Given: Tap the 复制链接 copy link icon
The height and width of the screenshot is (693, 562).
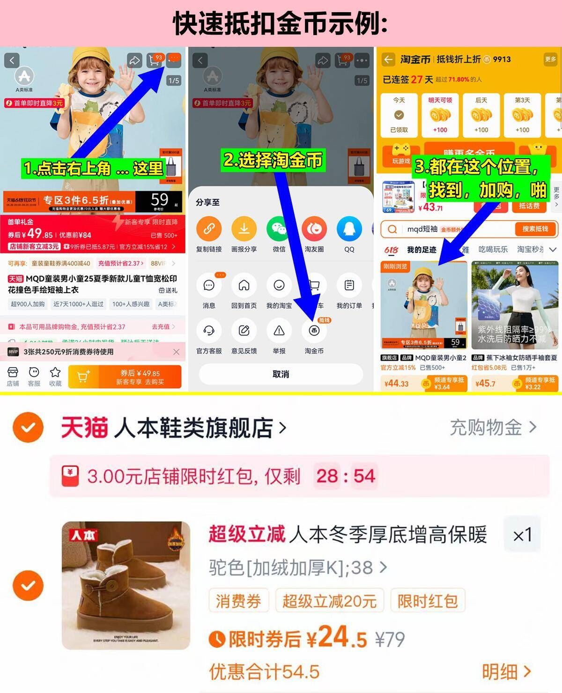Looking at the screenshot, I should click(209, 229).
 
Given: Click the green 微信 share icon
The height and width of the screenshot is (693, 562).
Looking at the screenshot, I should click(279, 229).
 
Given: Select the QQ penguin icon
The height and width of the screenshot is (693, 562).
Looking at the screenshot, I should click(349, 229).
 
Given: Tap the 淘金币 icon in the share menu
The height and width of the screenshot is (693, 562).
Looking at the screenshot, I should click(314, 331).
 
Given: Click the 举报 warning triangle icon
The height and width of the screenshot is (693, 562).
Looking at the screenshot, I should click(279, 331).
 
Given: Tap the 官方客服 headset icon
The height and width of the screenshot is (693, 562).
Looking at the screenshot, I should click(209, 331).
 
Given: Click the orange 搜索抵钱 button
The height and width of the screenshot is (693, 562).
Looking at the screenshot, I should click(534, 229).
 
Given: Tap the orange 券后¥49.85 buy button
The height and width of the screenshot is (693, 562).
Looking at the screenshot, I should click(125, 376).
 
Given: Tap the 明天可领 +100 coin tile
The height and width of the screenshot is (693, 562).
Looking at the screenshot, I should click(440, 115).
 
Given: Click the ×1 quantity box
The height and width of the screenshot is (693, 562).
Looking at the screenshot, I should click(522, 535).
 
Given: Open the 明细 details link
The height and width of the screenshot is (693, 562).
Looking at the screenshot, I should click(506, 672).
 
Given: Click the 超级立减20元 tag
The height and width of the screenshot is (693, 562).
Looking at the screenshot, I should click(329, 601).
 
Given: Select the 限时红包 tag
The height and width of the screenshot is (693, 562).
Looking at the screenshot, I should click(427, 601).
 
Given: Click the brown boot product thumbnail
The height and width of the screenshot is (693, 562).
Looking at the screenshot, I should click(126, 585).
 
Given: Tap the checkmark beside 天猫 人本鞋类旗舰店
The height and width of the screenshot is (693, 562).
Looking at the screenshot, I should click(28, 428).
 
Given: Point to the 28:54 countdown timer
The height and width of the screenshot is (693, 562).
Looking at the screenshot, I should click(346, 476).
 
